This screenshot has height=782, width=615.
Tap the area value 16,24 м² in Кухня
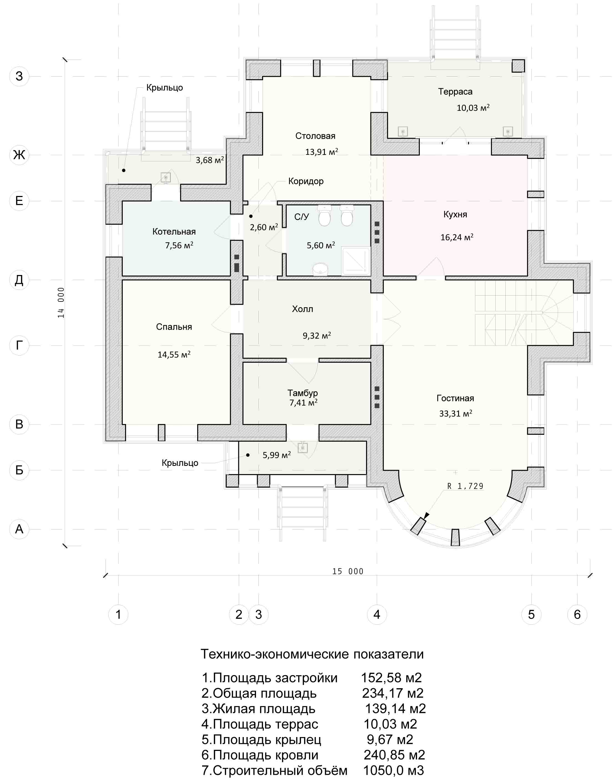click(456, 237)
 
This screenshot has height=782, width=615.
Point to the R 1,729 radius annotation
click(465, 486)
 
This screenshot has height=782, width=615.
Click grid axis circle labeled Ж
click(19, 155)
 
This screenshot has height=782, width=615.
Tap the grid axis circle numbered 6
click(577, 614)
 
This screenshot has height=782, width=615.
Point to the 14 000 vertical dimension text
click(61, 302)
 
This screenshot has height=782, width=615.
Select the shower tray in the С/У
click(356, 261)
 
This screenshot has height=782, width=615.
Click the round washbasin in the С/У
click(320, 269)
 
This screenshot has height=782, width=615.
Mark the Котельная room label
click(174, 231)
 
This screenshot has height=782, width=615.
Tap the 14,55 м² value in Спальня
click(174, 354)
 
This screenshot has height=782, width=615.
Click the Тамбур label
click(302, 393)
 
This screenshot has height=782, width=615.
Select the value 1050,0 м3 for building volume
click(393, 771)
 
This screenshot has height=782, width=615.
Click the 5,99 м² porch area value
click(277, 455)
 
